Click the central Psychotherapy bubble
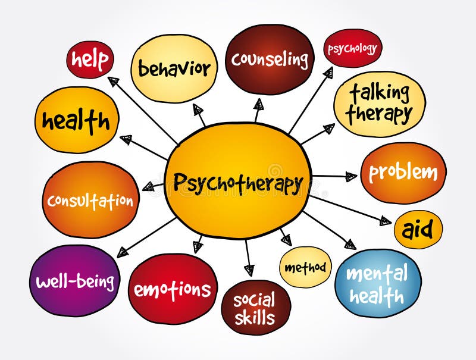click(239, 181)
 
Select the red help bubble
click(90, 60)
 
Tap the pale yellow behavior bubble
click(174, 68)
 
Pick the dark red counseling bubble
click(270, 59)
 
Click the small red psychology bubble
click(353, 48)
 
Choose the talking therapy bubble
click(380, 104)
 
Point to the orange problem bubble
click(403, 173)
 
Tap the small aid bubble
click(418, 230)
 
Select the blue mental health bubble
click(378, 283)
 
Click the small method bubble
click(305, 267)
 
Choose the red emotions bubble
click(173, 289)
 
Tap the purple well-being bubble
click(75, 280)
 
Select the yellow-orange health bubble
click(77, 120)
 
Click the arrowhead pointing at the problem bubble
click(352, 176)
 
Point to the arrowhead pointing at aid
click(386, 221)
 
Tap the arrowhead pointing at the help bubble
click(113, 81)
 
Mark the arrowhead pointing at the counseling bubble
click(259, 104)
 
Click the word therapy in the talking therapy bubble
click(379, 114)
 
